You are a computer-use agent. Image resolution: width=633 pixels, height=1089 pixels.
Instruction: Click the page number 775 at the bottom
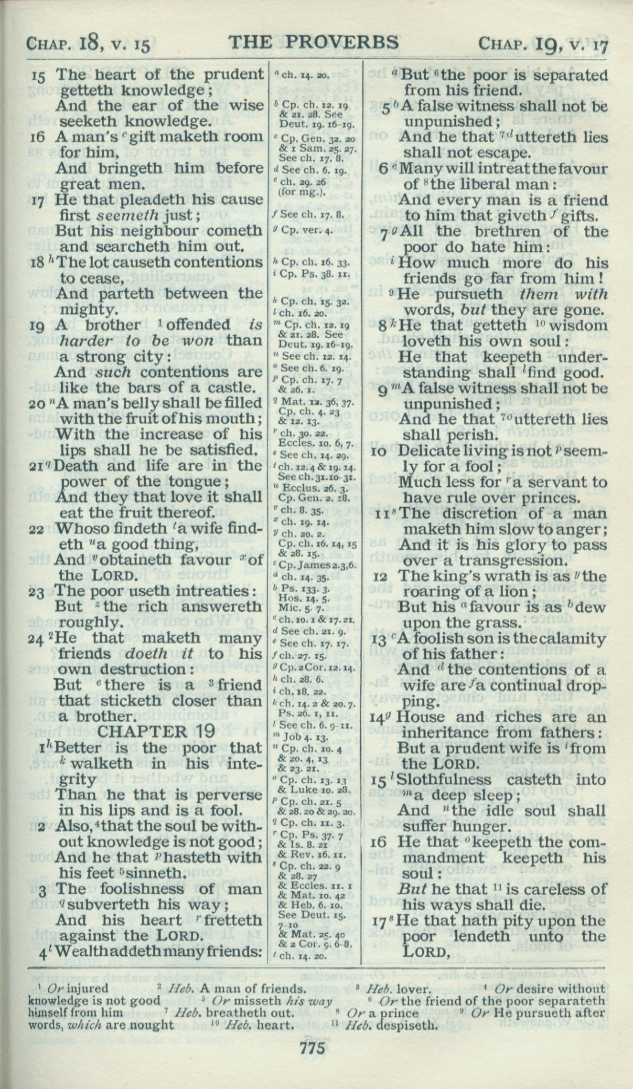pyautogui.click(x=313, y=1059)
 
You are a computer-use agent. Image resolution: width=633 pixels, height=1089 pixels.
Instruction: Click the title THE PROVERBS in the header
pyautogui.click(x=314, y=43)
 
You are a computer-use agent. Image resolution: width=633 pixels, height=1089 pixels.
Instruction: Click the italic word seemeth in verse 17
pyautogui.click(x=128, y=215)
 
